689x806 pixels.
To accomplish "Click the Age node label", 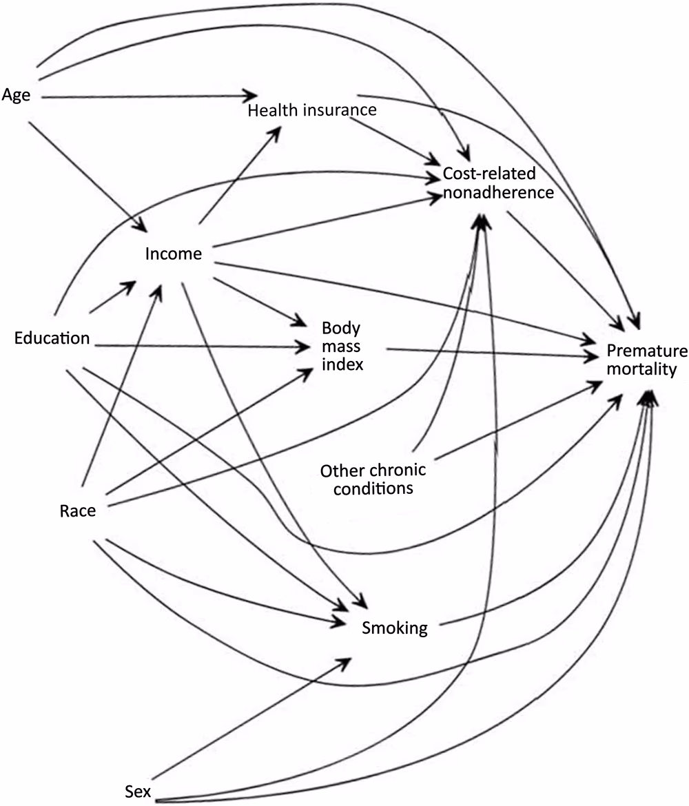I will [x=17, y=95].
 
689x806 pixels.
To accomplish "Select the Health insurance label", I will [x=312, y=110].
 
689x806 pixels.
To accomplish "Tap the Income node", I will [x=174, y=254].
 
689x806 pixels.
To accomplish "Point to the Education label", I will [x=52, y=338].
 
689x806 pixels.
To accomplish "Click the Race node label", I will [x=77, y=510].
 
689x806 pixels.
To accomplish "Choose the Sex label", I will [x=138, y=789].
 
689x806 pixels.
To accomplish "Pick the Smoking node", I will [x=395, y=628].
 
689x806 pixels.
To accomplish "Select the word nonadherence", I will [x=498, y=192].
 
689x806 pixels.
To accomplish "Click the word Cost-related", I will [x=489, y=174].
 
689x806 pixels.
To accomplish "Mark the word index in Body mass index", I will [x=342, y=364].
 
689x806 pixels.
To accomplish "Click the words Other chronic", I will [x=373, y=471].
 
